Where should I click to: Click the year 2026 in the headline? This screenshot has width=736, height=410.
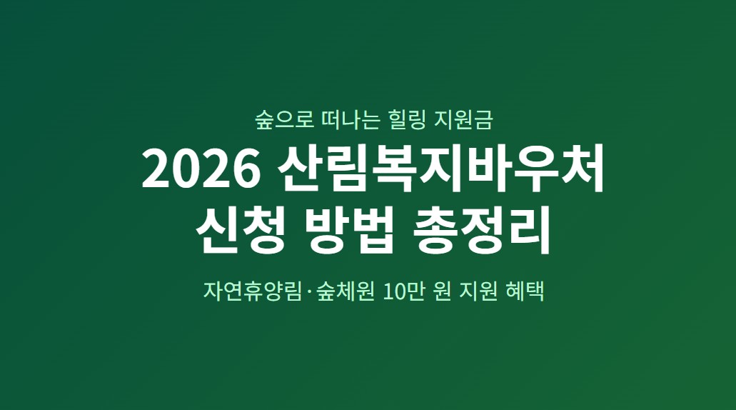point(200,169)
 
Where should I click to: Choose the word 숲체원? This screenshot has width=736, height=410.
point(346,292)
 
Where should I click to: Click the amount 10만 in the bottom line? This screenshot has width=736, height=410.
point(407,292)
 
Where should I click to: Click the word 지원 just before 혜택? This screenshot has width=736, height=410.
point(486,292)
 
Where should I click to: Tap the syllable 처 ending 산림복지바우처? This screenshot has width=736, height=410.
point(583,169)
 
